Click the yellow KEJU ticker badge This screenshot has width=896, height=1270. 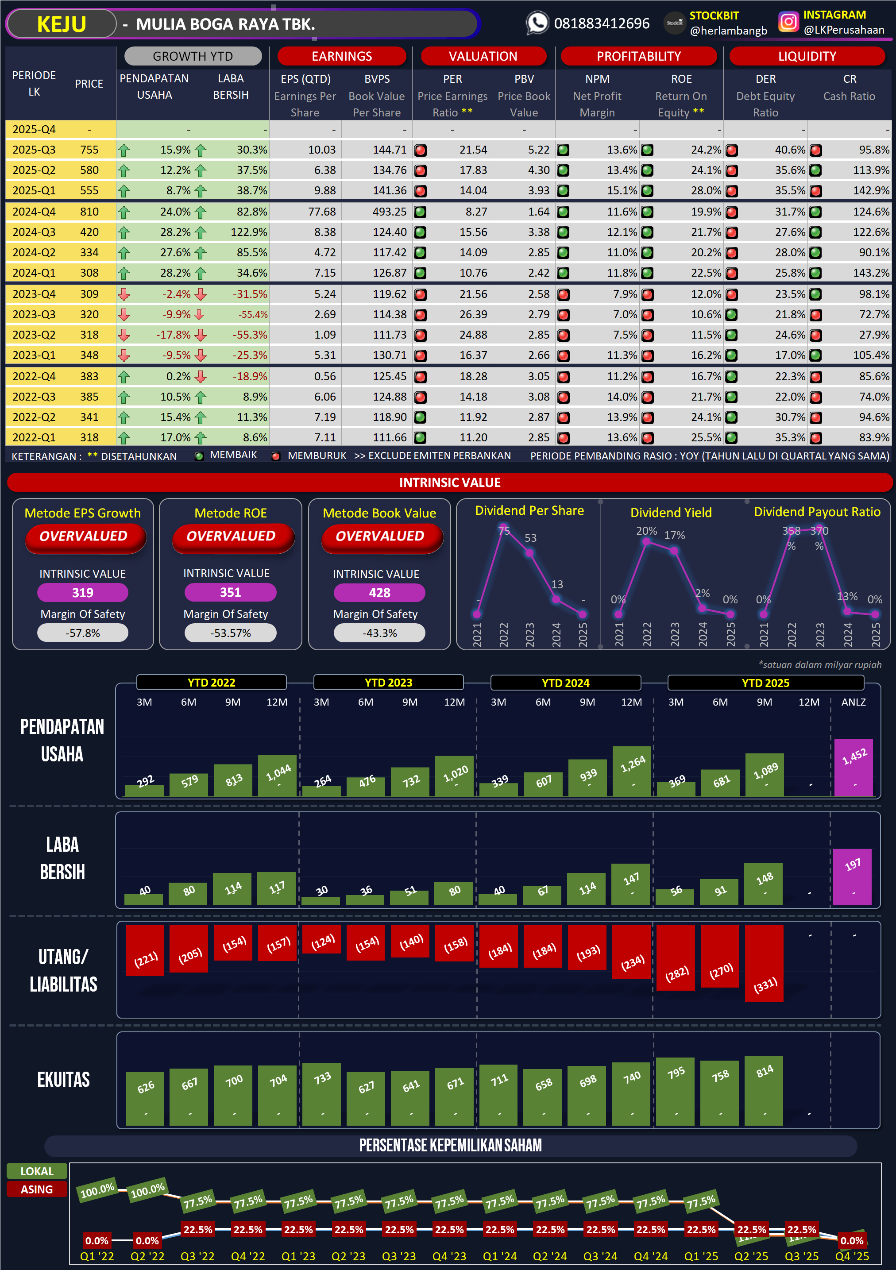[62, 24]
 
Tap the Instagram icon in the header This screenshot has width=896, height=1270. [788, 22]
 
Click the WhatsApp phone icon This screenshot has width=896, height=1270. [537, 23]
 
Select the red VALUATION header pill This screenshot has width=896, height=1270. [483, 56]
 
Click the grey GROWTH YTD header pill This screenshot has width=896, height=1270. [193, 56]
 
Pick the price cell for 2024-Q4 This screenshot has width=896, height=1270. [89, 211]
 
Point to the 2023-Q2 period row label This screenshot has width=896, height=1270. [34, 335]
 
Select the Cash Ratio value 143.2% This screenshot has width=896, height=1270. [871, 273]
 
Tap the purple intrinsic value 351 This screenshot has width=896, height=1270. [230, 592]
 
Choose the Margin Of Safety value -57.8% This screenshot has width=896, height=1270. [82, 633]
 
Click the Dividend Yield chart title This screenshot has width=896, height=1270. [671, 512]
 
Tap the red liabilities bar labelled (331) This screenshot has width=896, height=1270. [765, 963]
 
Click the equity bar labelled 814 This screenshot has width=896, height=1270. [764, 1090]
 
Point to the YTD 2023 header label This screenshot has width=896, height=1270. [388, 683]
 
